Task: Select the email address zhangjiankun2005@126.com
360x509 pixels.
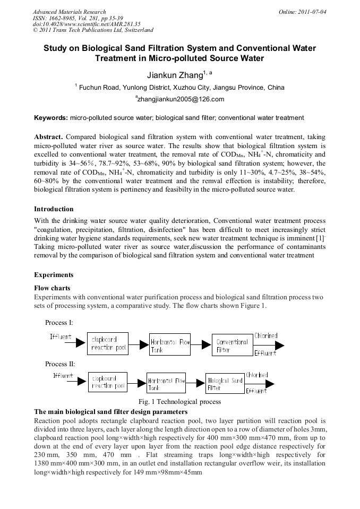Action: coord(180,99)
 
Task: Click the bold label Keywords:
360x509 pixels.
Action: coord(51,117)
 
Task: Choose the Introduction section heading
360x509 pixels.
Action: coord(54,209)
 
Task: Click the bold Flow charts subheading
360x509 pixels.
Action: coord(52,288)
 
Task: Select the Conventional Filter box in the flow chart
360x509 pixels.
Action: coord(232,345)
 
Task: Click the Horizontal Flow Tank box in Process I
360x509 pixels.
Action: coord(169,346)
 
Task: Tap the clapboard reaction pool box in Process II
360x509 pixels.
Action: coord(108,383)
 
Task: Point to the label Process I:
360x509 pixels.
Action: coord(59,323)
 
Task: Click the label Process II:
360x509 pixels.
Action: coord(60,364)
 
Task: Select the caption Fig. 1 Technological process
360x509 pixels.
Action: coord(179,402)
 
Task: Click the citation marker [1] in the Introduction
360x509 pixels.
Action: coord(320,239)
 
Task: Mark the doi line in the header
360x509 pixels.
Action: coord(87,24)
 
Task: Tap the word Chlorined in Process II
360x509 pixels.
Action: coord(257,375)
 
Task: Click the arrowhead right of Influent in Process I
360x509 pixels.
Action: coord(80,343)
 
